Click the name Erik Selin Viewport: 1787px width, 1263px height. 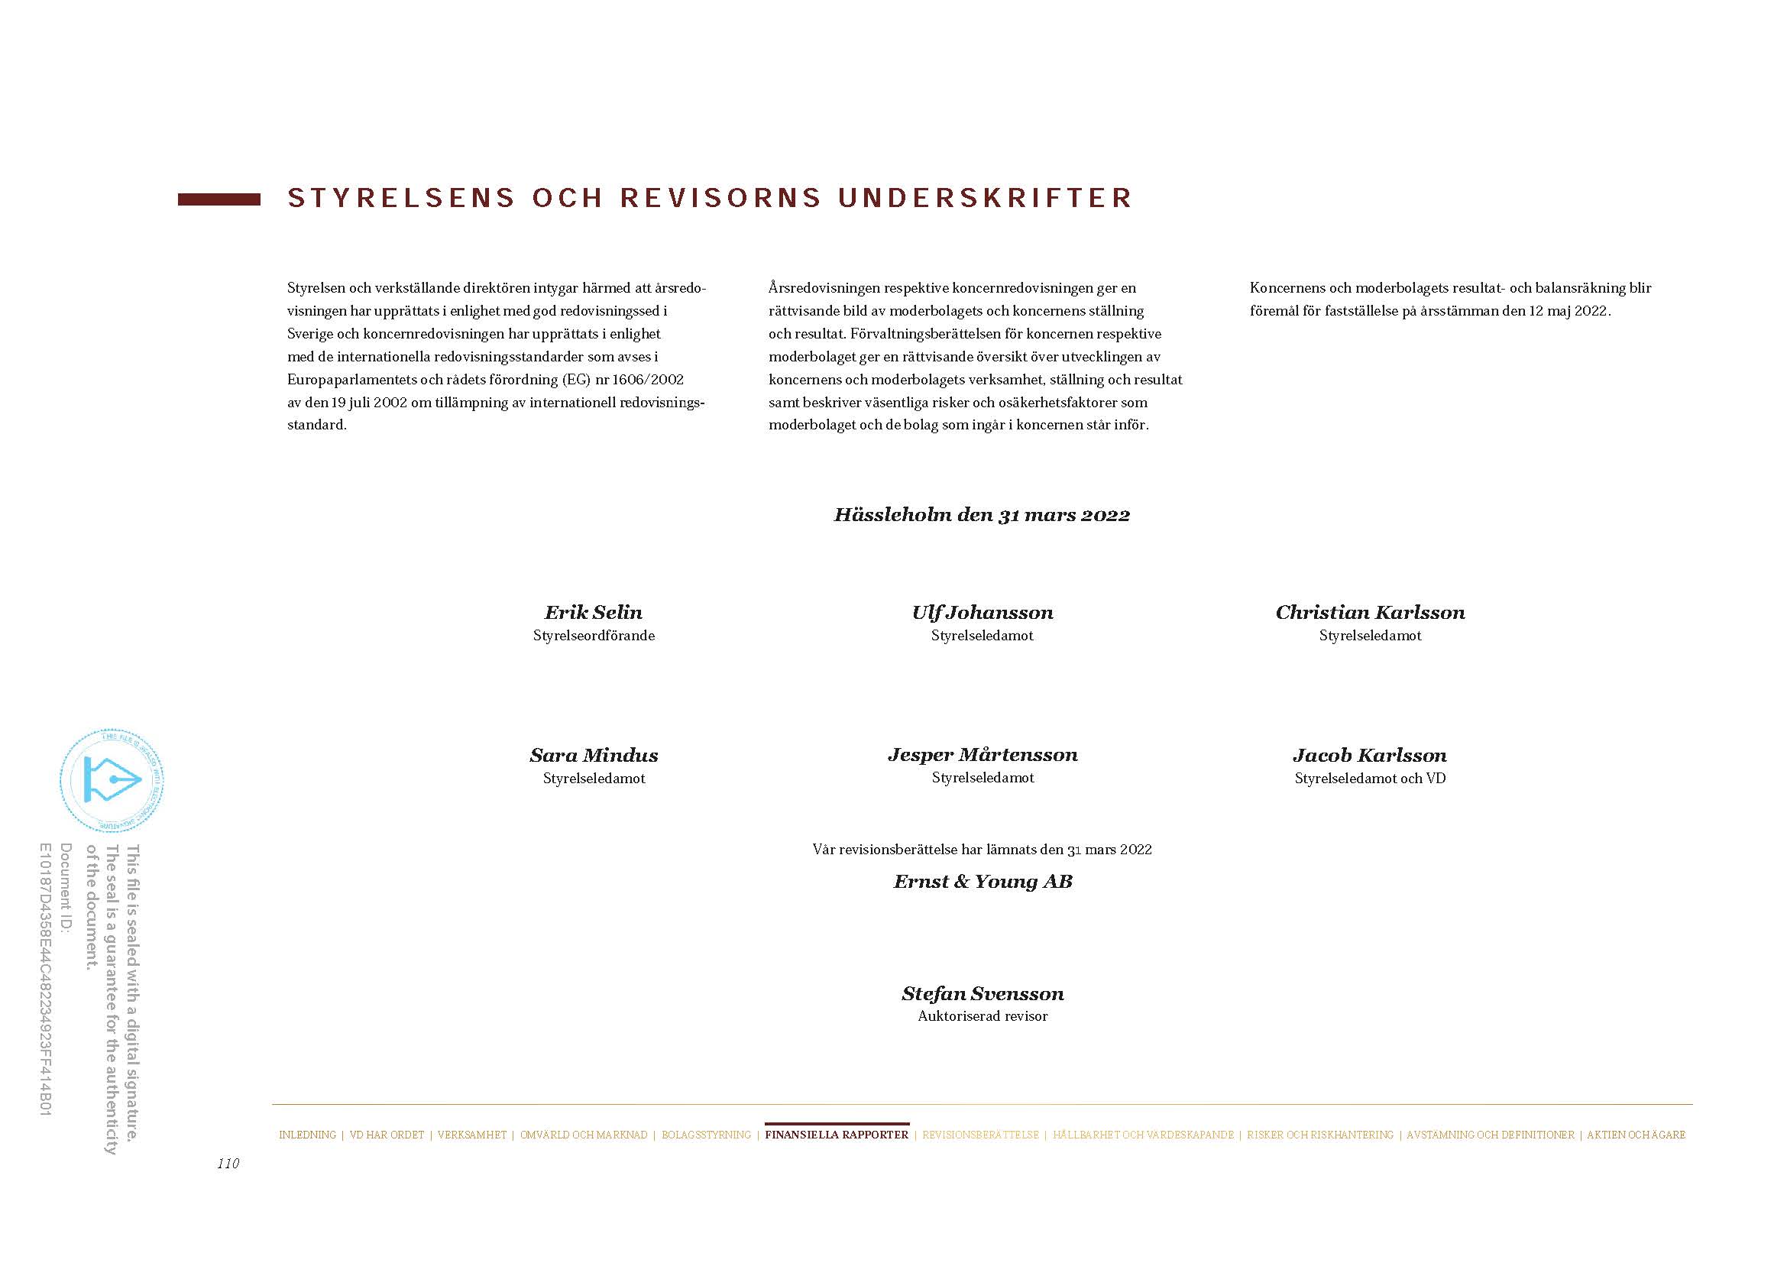pos(593,613)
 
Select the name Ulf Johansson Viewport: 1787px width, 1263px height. pos(983,613)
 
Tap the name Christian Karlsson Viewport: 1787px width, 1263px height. pos(1370,613)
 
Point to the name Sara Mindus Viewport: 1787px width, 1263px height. pos(594,755)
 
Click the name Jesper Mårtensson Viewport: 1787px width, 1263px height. pos(983,755)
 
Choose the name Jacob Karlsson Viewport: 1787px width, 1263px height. pos(1370,755)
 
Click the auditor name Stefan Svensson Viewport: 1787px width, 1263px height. pos(983,994)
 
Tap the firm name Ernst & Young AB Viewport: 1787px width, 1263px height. pos(983,882)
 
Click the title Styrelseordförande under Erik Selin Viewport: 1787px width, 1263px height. pos(594,636)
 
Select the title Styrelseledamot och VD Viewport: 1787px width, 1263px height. pos(1370,778)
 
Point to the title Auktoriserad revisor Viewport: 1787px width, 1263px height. pos(983,1016)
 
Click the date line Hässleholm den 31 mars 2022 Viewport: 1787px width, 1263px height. pos(983,515)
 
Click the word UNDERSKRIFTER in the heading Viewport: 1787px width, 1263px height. pos(986,199)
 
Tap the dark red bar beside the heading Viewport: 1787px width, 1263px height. pos(219,200)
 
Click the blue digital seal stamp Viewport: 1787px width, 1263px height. pos(112,781)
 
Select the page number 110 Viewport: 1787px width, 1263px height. pos(228,1164)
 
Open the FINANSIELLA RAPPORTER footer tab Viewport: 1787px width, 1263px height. pos(837,1135)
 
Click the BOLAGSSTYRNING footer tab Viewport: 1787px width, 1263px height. pos(706,1135)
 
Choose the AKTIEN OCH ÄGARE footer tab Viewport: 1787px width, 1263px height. pos(1636,1135)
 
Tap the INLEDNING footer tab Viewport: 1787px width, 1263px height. pos(307,1135)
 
